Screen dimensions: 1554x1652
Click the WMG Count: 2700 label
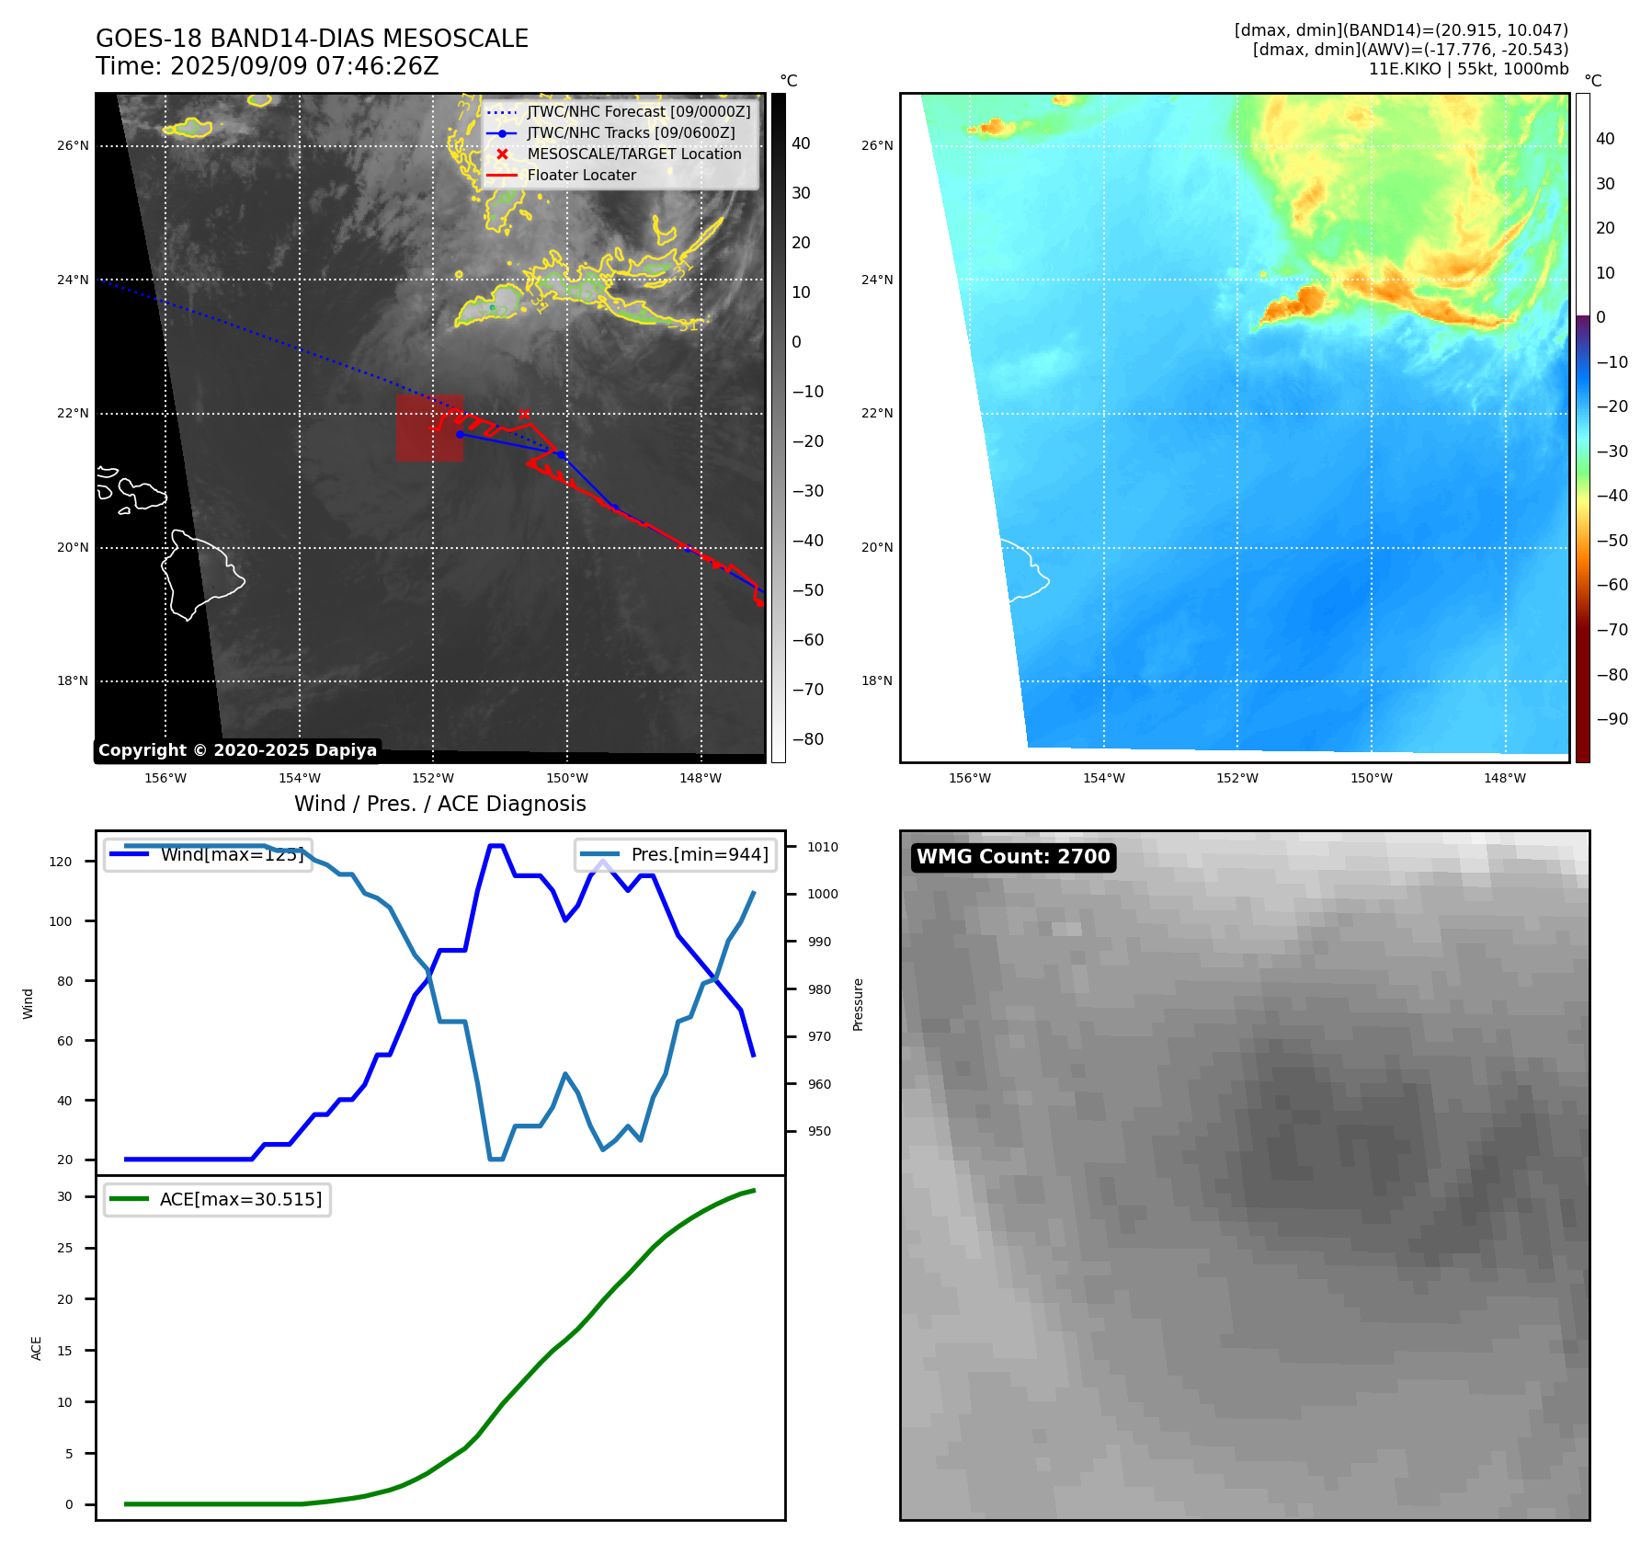click(x=1013, y=857)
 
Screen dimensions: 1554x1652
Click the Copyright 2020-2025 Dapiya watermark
click(x=237, y=750)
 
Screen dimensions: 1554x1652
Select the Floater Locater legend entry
click(x=581, y=176)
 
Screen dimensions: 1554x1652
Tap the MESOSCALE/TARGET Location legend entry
click(x=633, y=154)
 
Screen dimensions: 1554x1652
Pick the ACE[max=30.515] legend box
click(x=218, y=1200)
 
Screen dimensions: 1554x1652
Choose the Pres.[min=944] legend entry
click(x=677, y=855)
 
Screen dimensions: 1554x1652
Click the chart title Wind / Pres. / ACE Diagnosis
click(x=439, y=804)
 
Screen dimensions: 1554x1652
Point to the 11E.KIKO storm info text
click(x=1468, y=69)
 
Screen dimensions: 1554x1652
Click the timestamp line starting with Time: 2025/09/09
click(x=268, y=66)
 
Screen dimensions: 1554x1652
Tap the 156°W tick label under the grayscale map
click(x=165, y=778)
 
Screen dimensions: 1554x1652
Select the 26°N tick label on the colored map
click(x=877, y=145)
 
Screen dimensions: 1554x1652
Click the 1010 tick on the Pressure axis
click(x=823, y=847)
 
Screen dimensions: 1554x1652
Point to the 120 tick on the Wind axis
click(x=61, y=862)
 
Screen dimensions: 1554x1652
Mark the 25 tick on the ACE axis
click(x=64, y=1248)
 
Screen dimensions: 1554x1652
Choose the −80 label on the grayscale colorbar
click(x=808, y=739)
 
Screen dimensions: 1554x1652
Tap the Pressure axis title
click(x=858, y=1004)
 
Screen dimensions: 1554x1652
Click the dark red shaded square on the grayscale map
click(x=429, y=428)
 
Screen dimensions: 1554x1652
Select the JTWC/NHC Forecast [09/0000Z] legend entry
click(x=638, y=112)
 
